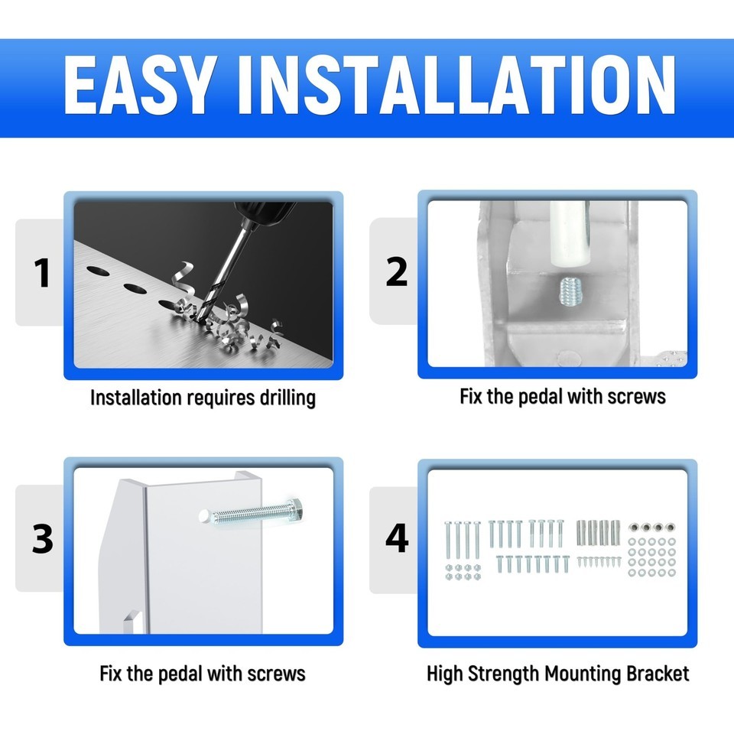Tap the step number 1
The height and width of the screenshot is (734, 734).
point(42,273)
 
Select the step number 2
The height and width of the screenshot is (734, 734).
point(397,271)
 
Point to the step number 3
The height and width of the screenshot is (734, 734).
point(43,538)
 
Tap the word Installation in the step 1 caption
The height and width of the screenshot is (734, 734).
point(136,398)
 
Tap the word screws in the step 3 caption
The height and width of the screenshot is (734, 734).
point(276,674)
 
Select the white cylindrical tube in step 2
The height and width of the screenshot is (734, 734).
point(568,233)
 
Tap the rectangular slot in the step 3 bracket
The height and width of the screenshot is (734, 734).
point(132,622)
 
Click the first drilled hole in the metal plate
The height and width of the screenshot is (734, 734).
point(98,271)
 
